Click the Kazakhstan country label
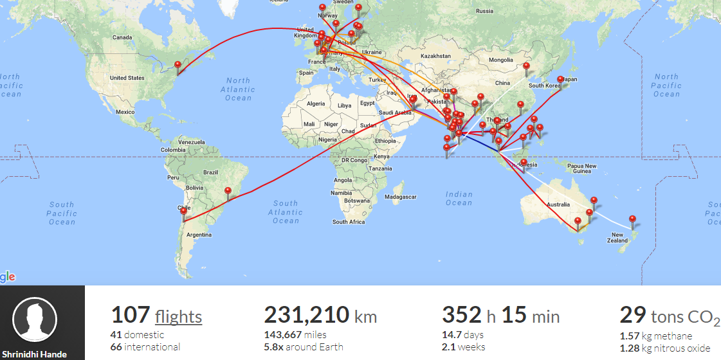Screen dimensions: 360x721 tap(435, 57)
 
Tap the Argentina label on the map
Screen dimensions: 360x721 tap(199, 235)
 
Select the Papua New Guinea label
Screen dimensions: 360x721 tap(581, 168)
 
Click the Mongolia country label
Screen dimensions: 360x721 tap(501, 60)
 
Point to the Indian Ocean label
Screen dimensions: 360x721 tap(459, 198)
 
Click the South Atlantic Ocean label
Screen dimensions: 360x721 tap(286, 212)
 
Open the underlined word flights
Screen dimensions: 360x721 tap(178, 317)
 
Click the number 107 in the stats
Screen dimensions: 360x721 tap(131, 316)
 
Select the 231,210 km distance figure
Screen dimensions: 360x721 tap(320, 316)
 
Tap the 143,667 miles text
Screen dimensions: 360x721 tap(295, 334)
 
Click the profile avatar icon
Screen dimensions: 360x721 tap(35, 319)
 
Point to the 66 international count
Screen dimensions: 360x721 tap(145, 347)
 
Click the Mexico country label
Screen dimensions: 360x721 tap(125, 112)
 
